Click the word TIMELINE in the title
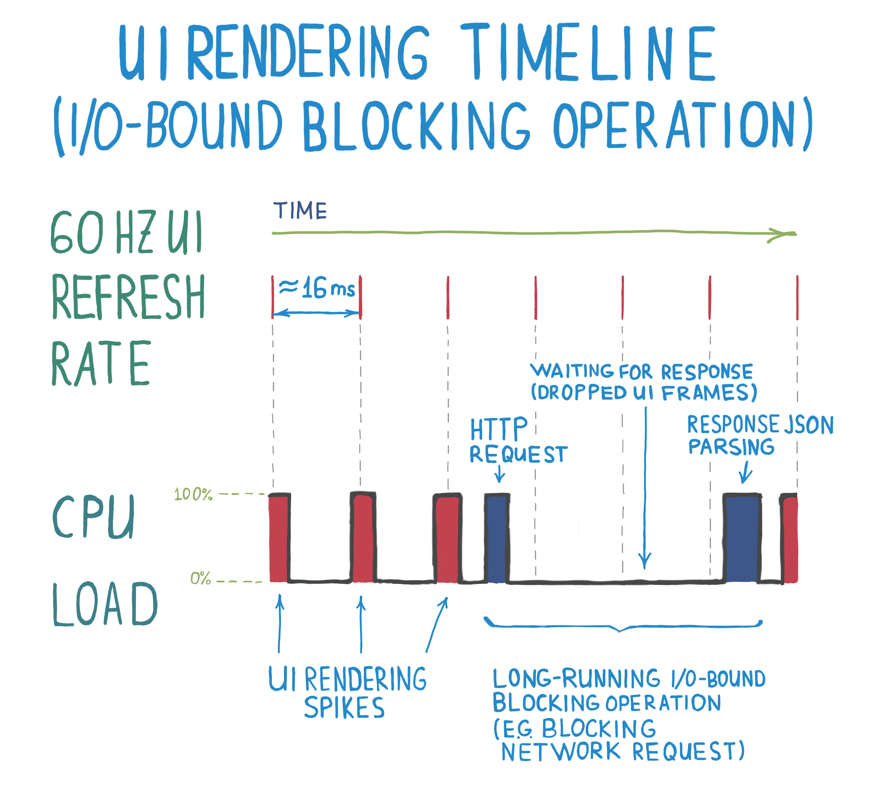pyautogui.click(x=587, y=53)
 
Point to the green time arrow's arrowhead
pyautogui.click(x=782, y=234)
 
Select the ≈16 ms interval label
pyautogui.click(x=317, y=288)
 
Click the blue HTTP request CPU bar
pyautogui.click(x=497, y=539)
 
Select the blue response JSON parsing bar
pyautogui.click(x=742, y=539)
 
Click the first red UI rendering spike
pyautogui.click(x=279, y=539)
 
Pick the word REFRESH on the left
pyautogui.click(x=128, y=296)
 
